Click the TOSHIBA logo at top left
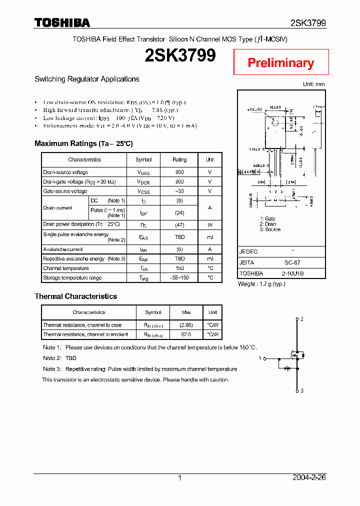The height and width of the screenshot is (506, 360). coord(62,23)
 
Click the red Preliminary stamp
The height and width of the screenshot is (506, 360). coord(281,62)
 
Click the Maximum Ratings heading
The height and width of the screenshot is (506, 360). coord(83,143)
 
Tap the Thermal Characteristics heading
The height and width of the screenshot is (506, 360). coord(76,296)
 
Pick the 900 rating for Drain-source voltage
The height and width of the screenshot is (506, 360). coord(179,172)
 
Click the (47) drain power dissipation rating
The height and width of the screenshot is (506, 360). coord(179,224)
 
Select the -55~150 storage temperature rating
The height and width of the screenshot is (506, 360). coord(179,277)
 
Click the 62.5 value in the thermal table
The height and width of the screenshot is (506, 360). coord(186,334)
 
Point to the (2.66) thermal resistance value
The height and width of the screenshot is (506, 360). coord(186,325)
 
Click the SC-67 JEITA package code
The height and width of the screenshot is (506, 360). coord(292,262)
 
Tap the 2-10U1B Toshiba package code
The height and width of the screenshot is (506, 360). coord(292,273)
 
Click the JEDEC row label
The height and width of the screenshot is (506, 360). coord(248,252)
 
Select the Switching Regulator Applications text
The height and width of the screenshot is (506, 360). coord(87,79)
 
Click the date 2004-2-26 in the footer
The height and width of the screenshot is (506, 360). coord(309,477)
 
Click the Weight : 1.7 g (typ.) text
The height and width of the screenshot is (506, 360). coord(261,284)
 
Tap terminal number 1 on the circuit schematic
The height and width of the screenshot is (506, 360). coord(260,358)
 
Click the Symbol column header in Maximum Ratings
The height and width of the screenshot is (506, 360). coord(143,159)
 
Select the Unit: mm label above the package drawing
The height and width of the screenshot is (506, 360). coord(314,84)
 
